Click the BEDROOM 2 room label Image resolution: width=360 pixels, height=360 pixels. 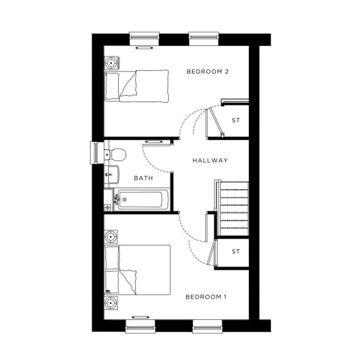point(208,72)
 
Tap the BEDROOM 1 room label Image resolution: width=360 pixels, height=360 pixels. point(206,297)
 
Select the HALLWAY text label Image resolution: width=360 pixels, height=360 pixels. point(210,160)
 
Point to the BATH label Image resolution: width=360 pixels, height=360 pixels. point(143,178)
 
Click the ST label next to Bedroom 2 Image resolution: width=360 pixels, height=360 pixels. point(236,120)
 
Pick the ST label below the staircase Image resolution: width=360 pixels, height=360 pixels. point(236,251)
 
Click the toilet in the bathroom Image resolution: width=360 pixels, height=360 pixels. point(115,155)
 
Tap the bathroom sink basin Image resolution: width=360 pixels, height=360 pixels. point(112,174)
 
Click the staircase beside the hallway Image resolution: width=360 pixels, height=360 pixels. point(232,208)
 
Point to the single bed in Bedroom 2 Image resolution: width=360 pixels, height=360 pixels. point(137,86)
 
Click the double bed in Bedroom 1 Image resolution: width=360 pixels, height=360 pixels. point(138,270)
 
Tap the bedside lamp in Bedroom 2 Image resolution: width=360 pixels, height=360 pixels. point(111,63)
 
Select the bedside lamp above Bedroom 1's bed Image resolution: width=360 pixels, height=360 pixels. point(111,237)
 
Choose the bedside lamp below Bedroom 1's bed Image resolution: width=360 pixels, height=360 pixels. point(111,303)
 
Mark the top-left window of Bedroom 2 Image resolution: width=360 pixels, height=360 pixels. point(144,38)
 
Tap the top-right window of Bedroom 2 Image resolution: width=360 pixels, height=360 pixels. point(204,38)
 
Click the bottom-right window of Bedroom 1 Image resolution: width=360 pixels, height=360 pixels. point(207,326)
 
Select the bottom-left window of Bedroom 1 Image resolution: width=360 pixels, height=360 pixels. point(141,326)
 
